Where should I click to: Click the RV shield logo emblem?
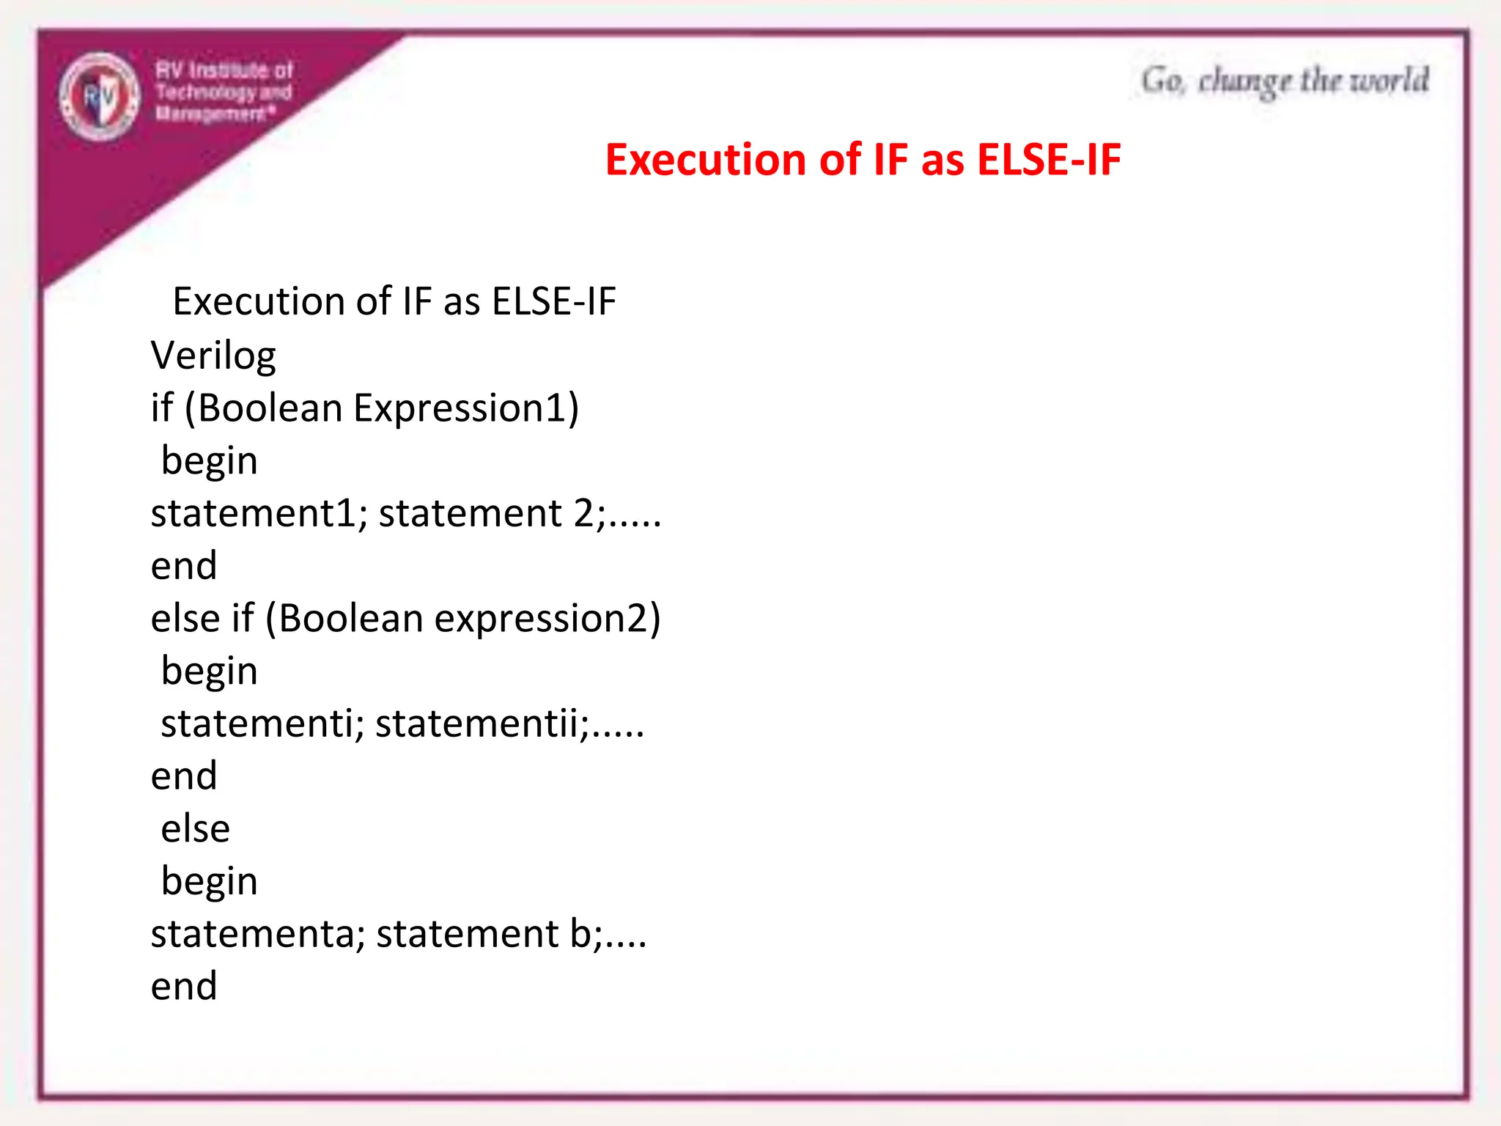click(100, 96)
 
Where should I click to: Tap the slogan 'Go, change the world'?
click(1284, 81)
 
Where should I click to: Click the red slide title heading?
click(863, 160)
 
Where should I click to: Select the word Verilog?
click(213, 356)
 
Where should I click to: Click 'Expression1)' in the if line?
click(466, 408)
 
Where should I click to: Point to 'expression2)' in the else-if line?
click(547, 619)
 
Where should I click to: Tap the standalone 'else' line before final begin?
click(196, 829)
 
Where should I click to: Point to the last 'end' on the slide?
click(184, 986)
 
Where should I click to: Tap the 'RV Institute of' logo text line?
click(224, 70)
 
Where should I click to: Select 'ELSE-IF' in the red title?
click(1049, 160)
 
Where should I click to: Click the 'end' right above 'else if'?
click(184, 566)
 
